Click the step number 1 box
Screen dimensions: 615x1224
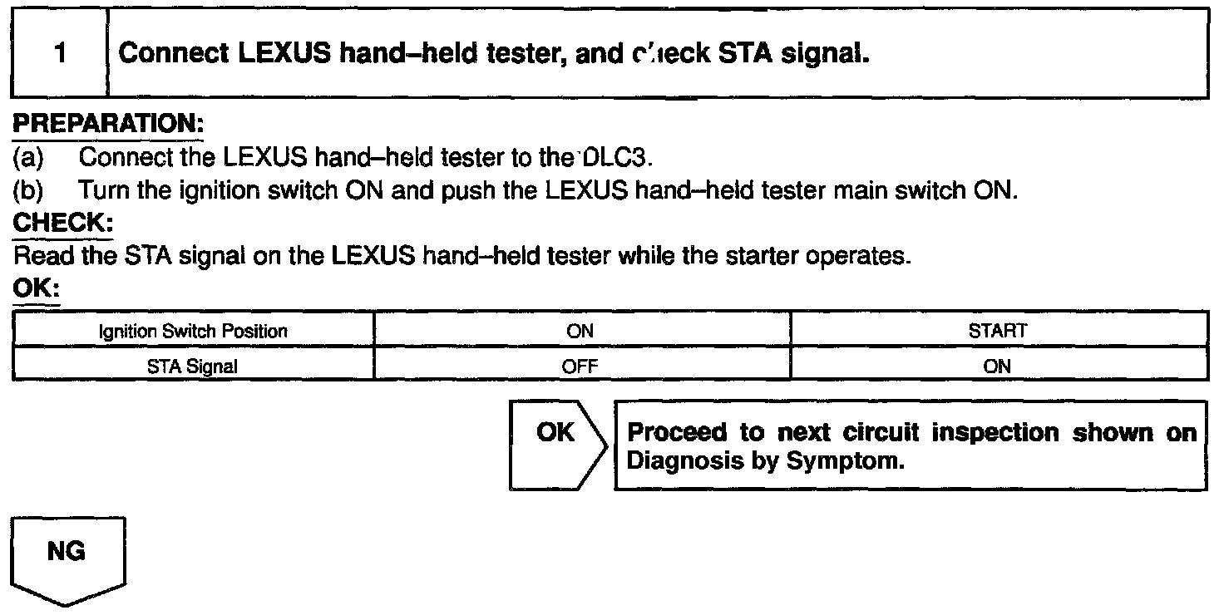point(59,55)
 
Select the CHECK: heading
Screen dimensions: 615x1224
point(62,224)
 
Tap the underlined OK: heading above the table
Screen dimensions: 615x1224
point(37,290)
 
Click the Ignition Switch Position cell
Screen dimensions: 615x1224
point(193,331)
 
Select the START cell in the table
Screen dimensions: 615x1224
point(997,331)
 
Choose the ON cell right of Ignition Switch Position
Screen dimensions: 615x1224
point(580,331)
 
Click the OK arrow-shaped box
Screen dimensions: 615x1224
point(555,445)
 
